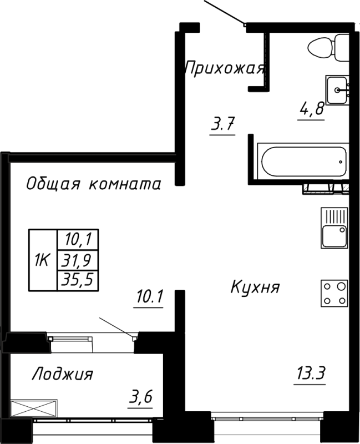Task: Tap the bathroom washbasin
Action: pyautogui.click(x=337, y=90)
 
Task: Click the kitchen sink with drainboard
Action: pyautogui.click(x=334, y=228)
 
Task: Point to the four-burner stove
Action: pyautogui.click(x=334, y=294)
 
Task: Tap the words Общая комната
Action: pyautogui.click(x=94, y=184)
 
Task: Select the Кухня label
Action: pyautogui.click(x=255, y=287)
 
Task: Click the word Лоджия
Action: pyautogui.click(x=62, y=374)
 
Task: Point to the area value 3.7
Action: pyautogui.click(x=222, y=125)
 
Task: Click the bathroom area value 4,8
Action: pyautogui.click(x=311, y=109)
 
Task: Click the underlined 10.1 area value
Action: pyautogui.click(x=149, y=299)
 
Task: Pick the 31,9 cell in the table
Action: pyautogui.click(x=77, y=259)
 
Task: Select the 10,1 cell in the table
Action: pyautogui.click(x=77, y=240)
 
